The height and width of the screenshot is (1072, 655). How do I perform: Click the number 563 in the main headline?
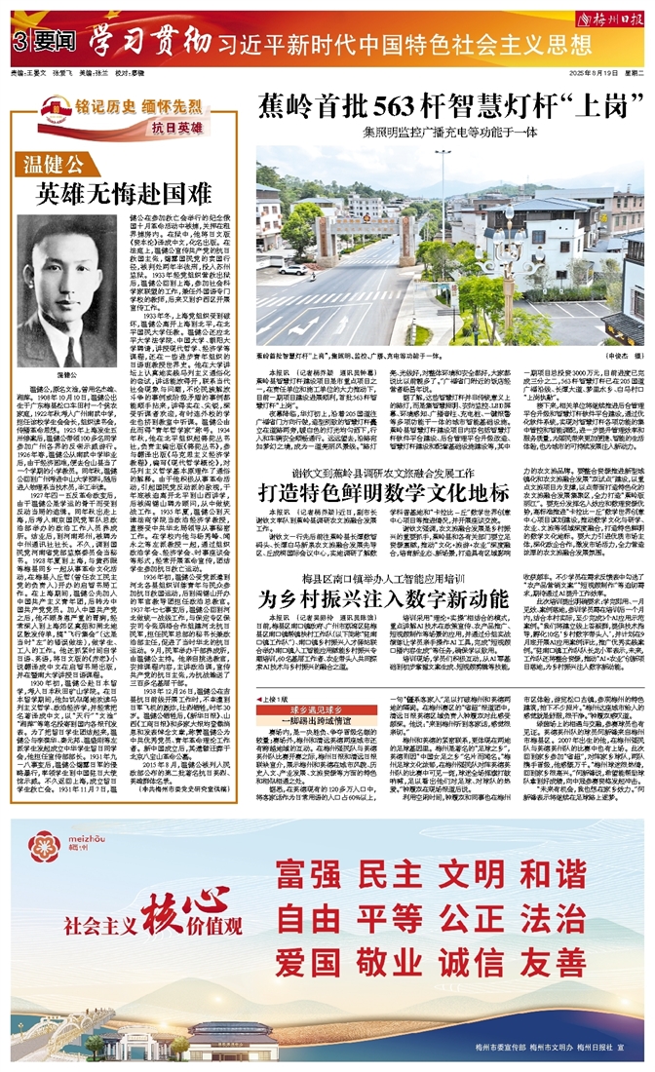406,104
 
